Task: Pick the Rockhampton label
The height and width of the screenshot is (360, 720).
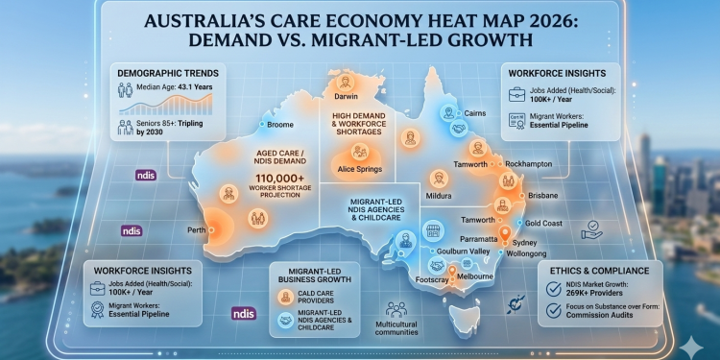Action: (x=527, y=164)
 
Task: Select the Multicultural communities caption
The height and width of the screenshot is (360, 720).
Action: (x=394, y=332)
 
